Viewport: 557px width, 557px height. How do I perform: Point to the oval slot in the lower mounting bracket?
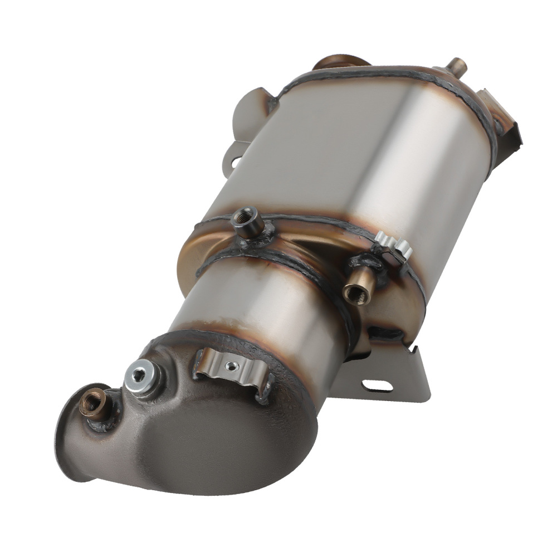click(x=377, y=385)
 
